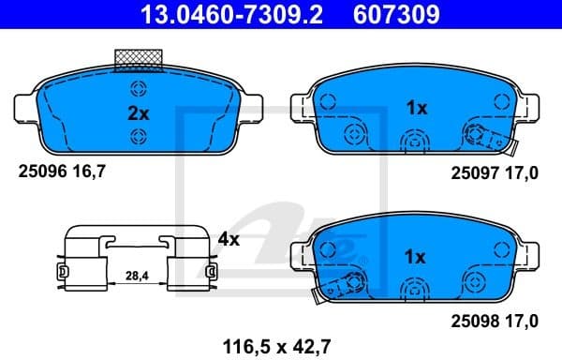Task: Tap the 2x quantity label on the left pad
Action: pyautogui.click(x=139, y=113)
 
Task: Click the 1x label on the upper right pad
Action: pyautogui.click(x=416, y=108)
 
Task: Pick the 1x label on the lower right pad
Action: pyautogui.click(x=416, y=255)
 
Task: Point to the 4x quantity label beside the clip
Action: pyautogui.click(x=229, y=239)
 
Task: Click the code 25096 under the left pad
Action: pyautogui.click(x=40, y=172)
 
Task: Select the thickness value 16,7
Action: pyautogui.click(x=84, y=172)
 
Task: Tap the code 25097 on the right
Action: pyautogui.click(x=472, y=172)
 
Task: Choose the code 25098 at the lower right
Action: pyautogui.click(x=472, y=322)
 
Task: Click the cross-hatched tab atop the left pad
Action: pyautogui.click(x=139, y=59)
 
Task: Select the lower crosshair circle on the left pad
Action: pyautogui.click(x=139, y=137)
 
